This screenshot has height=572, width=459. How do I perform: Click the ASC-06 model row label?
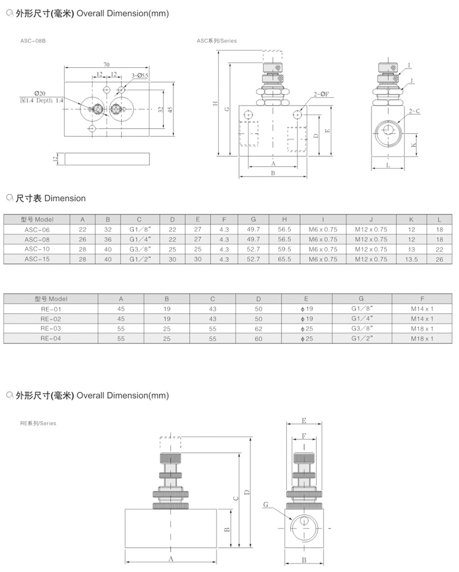(x=37, y=229)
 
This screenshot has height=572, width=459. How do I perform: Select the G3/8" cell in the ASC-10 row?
(x=139, y=249)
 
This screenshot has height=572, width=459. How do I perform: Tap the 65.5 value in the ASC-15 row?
(x=284, y=259)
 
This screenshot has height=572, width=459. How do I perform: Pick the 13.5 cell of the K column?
(x=411, y=259)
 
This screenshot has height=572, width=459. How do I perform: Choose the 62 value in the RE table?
(x=259, y=329)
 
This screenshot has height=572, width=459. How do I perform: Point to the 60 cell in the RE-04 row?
(x=259, y=339)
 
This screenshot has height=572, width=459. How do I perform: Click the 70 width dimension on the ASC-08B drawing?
(x=106, y=64)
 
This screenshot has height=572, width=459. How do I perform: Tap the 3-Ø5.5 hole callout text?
(x=139, y=76)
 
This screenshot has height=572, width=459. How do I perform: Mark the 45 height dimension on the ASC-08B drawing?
(x=170, y=109)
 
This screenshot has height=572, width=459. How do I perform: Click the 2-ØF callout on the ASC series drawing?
(x=320, y=94)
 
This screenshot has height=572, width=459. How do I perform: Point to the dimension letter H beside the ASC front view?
(x=215, y=103)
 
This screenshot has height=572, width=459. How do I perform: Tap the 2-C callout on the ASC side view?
(x=414, y=111)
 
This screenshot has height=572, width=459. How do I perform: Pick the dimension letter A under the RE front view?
(x=170, y=559)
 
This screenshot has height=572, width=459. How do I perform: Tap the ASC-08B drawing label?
(x=33, y=41)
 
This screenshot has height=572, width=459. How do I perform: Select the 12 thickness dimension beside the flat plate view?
(x=55, y=158)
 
